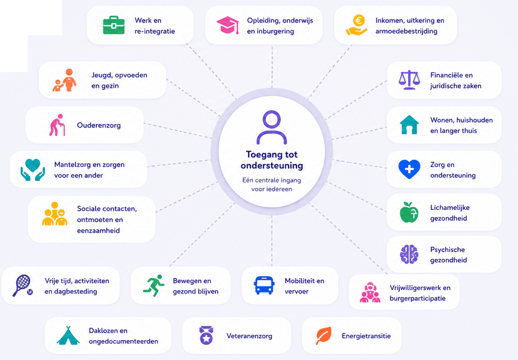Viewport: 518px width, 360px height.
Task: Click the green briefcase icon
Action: [114, 26]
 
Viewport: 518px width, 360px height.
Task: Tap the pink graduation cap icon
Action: [228, 25]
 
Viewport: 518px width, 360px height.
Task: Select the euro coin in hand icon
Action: [357, 25]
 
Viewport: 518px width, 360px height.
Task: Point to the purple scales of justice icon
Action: [409, 80]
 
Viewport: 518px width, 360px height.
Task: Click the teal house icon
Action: [409, 125]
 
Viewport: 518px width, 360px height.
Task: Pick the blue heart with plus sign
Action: [409, 169]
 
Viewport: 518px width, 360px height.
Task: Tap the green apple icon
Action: [409, 212]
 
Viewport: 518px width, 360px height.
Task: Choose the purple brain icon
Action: [409, 254]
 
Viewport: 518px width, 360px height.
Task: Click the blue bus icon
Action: [264, 286]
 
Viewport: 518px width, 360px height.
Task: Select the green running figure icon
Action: [154, 286]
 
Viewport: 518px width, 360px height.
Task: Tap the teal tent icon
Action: [68, 336]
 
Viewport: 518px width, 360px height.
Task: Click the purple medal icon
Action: [206, 336]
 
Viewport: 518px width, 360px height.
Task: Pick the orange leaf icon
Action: [323, 336]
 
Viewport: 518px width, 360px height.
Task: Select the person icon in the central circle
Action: [271, 128]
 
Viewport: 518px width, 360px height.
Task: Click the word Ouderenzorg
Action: [99, 125]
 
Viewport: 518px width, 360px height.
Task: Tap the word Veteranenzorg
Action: [249, 336]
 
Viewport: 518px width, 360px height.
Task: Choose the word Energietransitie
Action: [366, 336]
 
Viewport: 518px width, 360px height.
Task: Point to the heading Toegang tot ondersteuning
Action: [271, 160]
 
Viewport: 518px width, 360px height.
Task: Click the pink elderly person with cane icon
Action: [57, 125]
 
